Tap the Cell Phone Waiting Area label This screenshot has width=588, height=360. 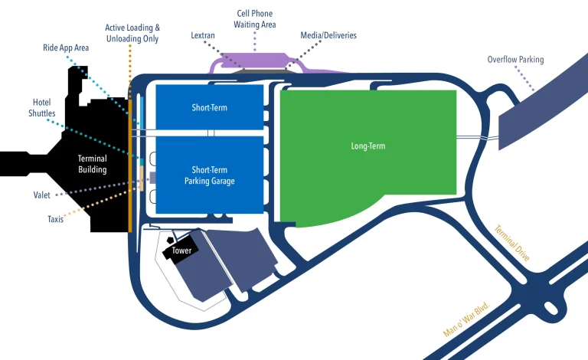point(253,19)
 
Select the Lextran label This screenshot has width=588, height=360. point(204,35)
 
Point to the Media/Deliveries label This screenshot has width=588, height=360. point(328,35)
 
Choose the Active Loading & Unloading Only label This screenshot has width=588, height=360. point(132,33)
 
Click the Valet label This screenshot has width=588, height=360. point(43,195)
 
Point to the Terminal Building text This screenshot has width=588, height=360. point(92,164)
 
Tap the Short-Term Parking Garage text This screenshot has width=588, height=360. point(209,175)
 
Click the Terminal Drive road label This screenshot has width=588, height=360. point(511,243)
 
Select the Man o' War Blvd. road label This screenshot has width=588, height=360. point(466,319)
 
